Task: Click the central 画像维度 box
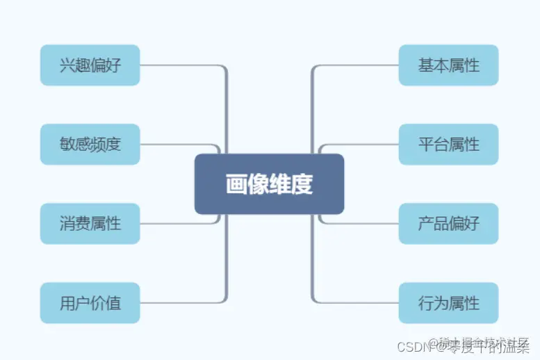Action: click(269, 184)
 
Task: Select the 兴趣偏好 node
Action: click(90, 65)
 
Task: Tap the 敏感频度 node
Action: click(90, 145)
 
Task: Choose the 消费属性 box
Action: click(90, 224)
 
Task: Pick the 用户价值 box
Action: click(90, 303)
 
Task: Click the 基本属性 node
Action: click(448, 65)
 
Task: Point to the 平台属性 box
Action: click(448, 145)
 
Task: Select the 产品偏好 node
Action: click(448, 224)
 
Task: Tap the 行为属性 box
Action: click(448, 303)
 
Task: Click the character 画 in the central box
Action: click(236, 184)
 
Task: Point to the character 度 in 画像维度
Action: click(302, 184)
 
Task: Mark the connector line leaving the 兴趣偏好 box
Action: click(181, 65)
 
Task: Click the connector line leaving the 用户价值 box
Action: click(181, 303)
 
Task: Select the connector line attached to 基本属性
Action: click(358, 65)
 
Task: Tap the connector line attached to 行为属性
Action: click(358, 303)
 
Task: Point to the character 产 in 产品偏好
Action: click(426, 224)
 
